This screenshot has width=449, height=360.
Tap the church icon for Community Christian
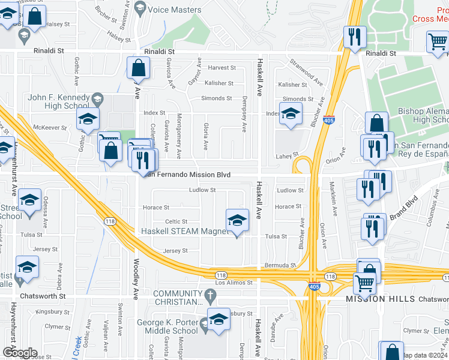209,296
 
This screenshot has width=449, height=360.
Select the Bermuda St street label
280,265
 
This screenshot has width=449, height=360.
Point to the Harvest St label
218,67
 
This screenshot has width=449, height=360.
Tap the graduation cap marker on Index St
291,114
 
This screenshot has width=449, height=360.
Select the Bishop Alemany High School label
424,116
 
